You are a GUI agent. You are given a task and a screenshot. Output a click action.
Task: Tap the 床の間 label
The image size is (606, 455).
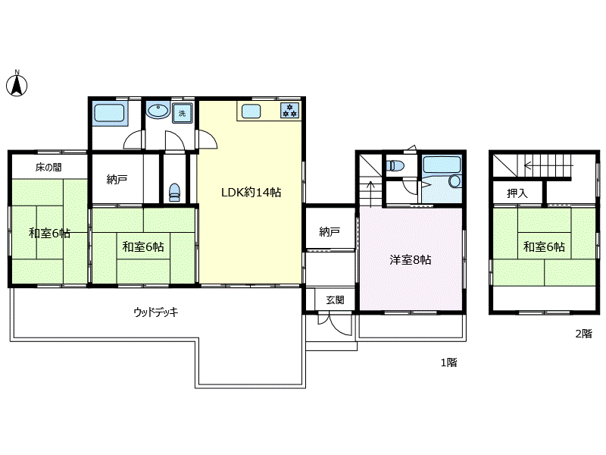[x=48, y=167]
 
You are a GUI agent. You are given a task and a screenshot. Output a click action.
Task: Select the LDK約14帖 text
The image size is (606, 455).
[x=251, y=193]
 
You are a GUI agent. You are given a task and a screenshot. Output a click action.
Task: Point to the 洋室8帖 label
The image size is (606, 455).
[x=410, y=259]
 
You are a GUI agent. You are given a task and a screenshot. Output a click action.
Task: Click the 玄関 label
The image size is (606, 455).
[x=335, y=300]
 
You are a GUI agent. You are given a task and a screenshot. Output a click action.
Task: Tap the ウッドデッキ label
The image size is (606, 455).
[x=156, y=312]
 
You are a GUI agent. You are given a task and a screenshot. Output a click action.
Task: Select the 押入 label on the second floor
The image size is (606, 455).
[x=517, y=193]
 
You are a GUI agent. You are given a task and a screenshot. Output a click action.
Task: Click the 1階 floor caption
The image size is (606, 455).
[x=449, y=362]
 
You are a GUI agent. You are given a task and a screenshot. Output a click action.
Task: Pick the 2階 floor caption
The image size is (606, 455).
[x=583, y=334]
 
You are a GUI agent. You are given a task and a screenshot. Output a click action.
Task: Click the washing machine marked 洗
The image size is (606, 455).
[x=183, y=113]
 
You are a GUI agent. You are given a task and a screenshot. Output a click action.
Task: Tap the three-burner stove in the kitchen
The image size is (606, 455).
[x=289, y=110]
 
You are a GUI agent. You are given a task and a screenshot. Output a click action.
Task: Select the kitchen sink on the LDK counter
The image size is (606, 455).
[x=251, y=111]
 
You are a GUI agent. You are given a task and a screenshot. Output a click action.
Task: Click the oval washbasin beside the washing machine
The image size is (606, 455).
[x=158, y=111]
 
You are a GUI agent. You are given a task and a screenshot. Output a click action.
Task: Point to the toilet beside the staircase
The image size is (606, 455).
[x=395, y=165]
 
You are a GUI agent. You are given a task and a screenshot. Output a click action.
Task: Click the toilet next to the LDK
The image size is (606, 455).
[x=175, y=193]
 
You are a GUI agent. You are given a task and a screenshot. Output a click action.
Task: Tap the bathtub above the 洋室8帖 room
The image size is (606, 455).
[x=442, y=165]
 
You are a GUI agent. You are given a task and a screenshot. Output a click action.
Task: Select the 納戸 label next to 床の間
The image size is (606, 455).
[x=117, y=179]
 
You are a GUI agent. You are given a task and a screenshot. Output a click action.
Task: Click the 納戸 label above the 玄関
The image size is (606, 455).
[x=330, y=231]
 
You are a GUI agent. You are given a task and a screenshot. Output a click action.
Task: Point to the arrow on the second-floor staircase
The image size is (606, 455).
[x=548, y=165]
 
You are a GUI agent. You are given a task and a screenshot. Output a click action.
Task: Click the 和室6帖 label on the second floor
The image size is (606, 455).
[x=544, y=246]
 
